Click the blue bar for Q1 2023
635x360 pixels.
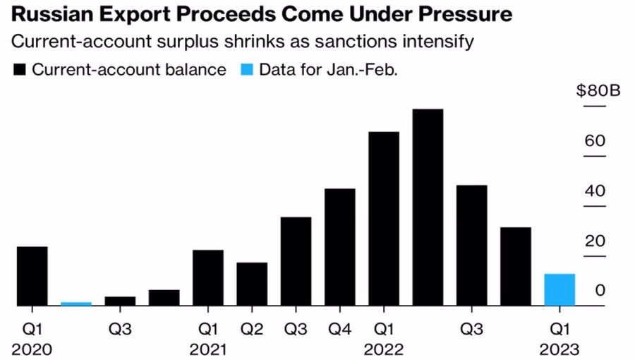click(560, 290)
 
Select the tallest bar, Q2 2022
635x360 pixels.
click(428, 208)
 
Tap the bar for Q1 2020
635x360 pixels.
click(32, 276)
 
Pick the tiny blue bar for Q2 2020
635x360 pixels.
click(76, 304)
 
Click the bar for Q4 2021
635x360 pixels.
click(339, 247)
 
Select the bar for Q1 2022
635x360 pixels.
click(384, 219)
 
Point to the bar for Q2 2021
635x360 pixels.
click(252, 284)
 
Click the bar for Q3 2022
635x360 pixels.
click(471, 246)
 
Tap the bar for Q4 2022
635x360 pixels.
click(516, 267)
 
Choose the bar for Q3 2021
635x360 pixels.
click(296, 261)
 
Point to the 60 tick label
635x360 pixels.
click(595, 141)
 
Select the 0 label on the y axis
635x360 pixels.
click(600, 290)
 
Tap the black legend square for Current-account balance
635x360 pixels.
click(19, 70)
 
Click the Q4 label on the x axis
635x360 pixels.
click(339, 328)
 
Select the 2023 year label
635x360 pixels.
click(560, 349)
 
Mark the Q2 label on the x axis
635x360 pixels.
click(252, 328)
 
